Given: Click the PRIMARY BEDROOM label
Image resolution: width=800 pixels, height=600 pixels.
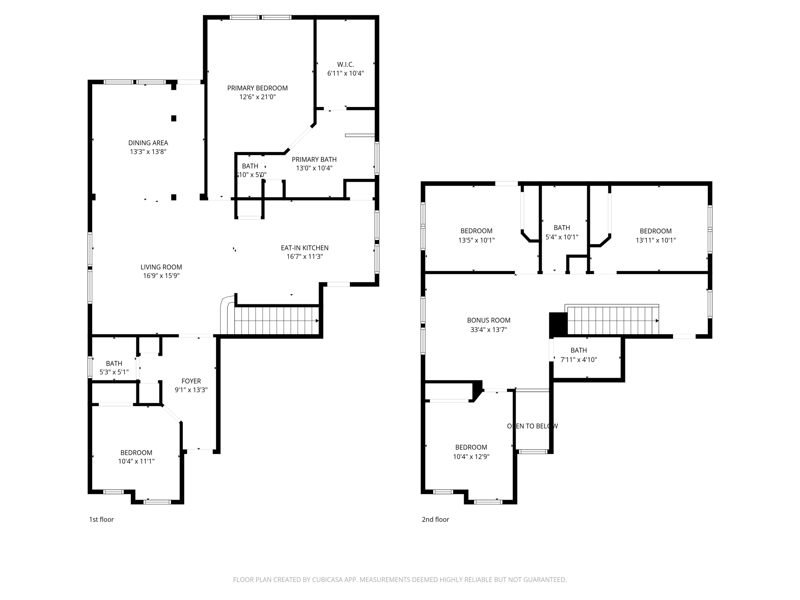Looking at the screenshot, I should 257,88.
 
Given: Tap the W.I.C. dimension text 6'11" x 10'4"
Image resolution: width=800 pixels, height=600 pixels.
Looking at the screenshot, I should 345,73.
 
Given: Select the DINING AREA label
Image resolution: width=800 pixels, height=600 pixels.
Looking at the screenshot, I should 148,143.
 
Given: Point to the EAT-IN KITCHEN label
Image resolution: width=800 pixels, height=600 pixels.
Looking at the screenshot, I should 304,248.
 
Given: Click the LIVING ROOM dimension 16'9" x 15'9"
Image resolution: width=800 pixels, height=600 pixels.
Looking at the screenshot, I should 161,276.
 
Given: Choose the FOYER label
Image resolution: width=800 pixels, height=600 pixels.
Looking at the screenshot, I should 191,381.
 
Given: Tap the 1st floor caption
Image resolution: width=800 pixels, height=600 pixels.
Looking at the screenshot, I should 101,519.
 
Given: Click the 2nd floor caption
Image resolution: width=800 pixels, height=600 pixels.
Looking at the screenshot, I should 435,519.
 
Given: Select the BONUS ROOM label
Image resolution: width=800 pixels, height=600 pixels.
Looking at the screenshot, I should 488,320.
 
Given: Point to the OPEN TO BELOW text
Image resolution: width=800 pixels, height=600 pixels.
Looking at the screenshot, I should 532,426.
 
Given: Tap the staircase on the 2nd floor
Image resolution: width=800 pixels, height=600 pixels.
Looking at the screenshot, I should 612,321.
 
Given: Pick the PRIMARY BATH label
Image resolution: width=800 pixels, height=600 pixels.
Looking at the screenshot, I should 314,159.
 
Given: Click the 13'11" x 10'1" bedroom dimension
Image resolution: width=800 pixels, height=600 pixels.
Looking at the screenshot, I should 655,240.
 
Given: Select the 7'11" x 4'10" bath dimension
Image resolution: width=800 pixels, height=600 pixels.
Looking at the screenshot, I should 579,360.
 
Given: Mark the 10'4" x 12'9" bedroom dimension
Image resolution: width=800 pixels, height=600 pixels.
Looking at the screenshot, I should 471,457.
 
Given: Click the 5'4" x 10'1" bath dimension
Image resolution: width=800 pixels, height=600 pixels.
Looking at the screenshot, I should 561,237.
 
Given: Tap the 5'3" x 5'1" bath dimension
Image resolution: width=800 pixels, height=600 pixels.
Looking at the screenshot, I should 114,372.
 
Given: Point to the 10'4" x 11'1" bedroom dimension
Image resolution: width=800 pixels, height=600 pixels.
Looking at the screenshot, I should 136,461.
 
